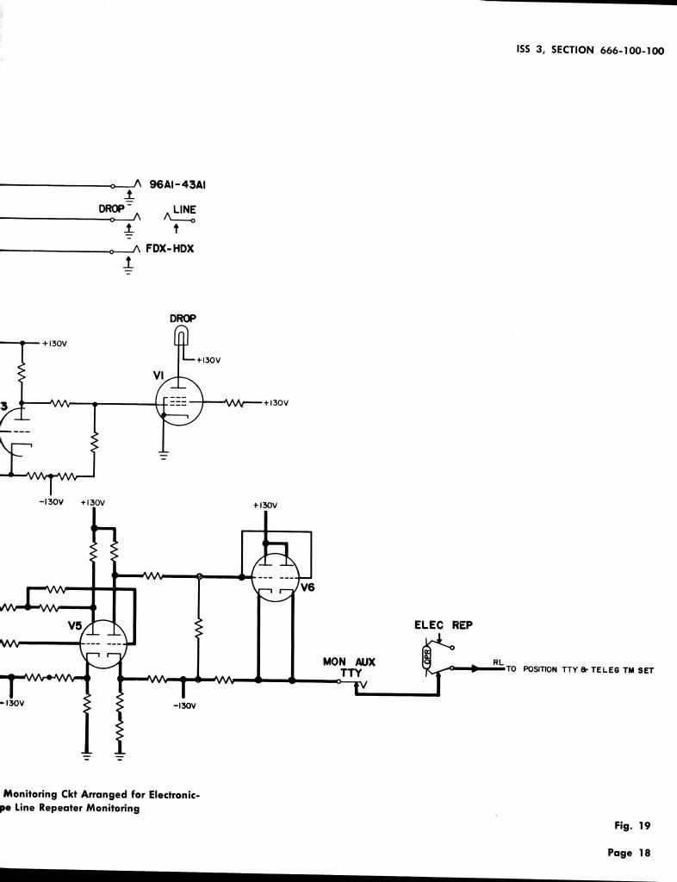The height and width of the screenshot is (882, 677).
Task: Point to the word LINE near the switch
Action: point(184,210)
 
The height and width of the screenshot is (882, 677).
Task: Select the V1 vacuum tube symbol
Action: point(178,402)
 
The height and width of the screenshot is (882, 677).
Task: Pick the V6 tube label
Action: point(307,587)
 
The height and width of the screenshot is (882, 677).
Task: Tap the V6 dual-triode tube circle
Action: point(275,576)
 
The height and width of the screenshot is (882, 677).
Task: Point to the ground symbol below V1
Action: point(164,456)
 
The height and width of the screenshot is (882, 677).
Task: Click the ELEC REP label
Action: point(443,625)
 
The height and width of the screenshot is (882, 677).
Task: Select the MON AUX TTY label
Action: point(349,668)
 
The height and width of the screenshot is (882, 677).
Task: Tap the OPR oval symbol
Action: point(425,658)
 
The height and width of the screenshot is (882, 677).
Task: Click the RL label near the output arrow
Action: point(498,661)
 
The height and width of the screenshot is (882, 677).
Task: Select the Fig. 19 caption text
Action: point(631,826)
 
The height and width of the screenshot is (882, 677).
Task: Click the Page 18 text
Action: point(628,854)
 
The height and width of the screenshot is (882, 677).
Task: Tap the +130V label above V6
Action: point(265,506)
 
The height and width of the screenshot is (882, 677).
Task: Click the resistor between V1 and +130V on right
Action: point(238,402)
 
